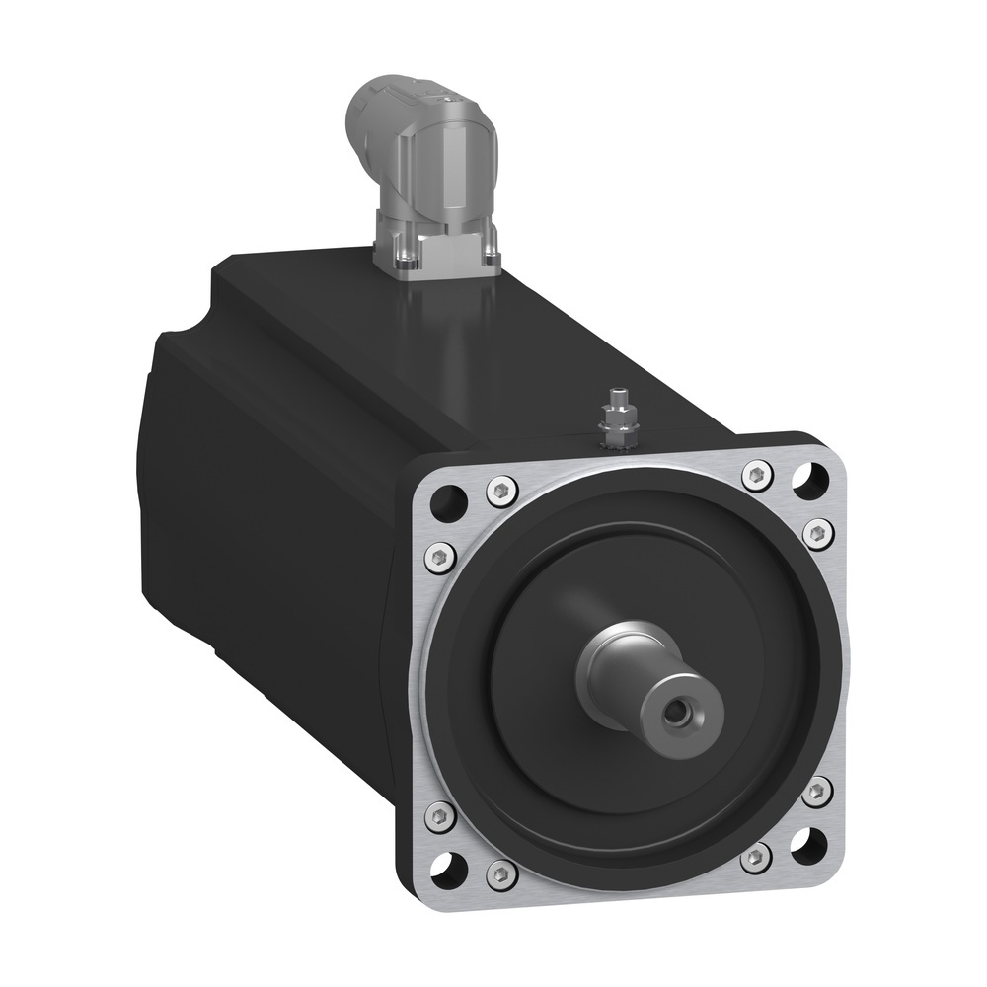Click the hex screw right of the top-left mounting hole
tap(501, 489)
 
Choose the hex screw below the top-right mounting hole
tap(817, 534)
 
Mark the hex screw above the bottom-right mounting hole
tap(815, 791)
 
